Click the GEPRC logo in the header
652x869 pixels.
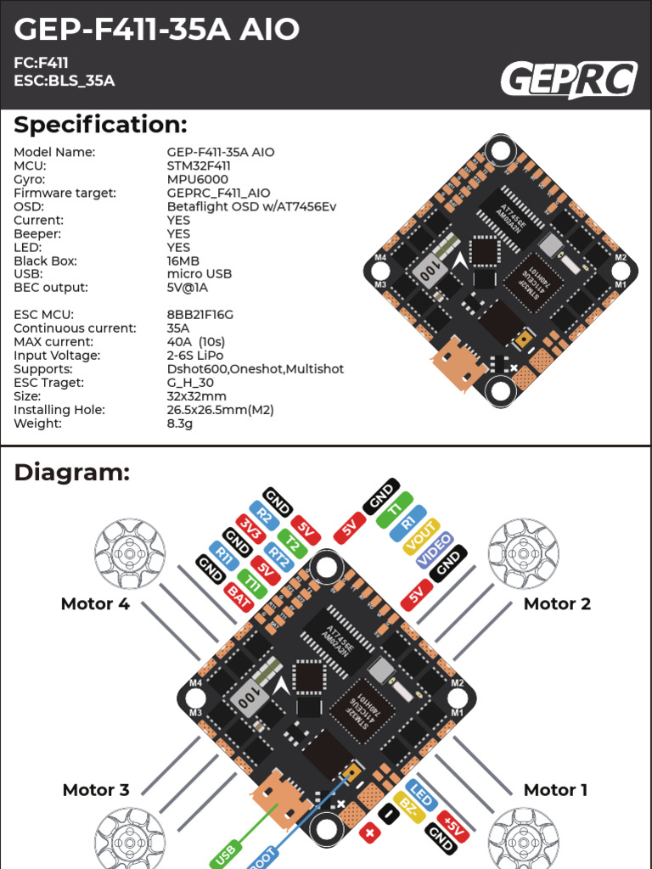click(x=568, y=80)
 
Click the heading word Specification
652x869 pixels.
click(x=100, y=125)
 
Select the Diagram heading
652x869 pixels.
click(x=72, y=473)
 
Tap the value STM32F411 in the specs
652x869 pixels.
click(x=199, y=165)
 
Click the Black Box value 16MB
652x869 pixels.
click(x=183, y=261)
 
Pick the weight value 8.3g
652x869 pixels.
click(x=180, y=423)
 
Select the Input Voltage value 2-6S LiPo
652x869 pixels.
click(x=201, y=356)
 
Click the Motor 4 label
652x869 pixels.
click(x=95, y=604)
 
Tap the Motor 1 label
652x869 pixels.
click(x=555, y=790)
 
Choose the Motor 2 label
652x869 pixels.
click(x=557, y=604)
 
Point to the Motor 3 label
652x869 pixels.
click(x=96, y=790)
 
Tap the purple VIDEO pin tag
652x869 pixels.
click(x=434, y=550)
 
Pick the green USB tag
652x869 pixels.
click(x=226, y=853)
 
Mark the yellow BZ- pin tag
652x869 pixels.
click(x=408, y=808)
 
